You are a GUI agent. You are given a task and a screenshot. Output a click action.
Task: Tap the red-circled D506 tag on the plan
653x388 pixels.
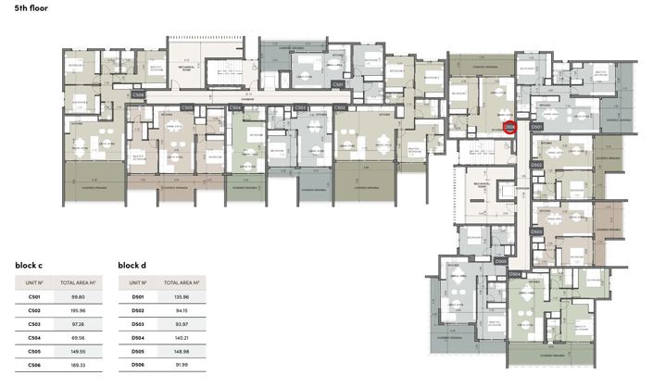point(509,128)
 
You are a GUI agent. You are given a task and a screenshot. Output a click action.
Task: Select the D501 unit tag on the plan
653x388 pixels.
point(536,127)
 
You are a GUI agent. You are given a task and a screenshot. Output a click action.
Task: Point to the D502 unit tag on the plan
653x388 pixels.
point(536,164)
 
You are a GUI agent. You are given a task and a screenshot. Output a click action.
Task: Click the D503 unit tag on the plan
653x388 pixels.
point(536,232)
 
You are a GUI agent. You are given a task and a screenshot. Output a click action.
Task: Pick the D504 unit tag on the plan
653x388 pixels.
point(515,274)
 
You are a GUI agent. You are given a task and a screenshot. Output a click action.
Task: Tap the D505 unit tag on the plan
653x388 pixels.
point(500,261)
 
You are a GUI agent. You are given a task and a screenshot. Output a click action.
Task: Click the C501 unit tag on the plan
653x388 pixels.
point(338,84)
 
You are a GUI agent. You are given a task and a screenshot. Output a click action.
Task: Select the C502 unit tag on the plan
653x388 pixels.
point(340,108)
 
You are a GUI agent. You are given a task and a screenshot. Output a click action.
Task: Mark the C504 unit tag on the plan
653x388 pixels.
point(235,108)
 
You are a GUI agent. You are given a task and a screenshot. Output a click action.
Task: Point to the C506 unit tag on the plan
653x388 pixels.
point(138,94)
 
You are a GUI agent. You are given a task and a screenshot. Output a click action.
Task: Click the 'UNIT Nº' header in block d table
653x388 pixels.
point(138,282)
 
